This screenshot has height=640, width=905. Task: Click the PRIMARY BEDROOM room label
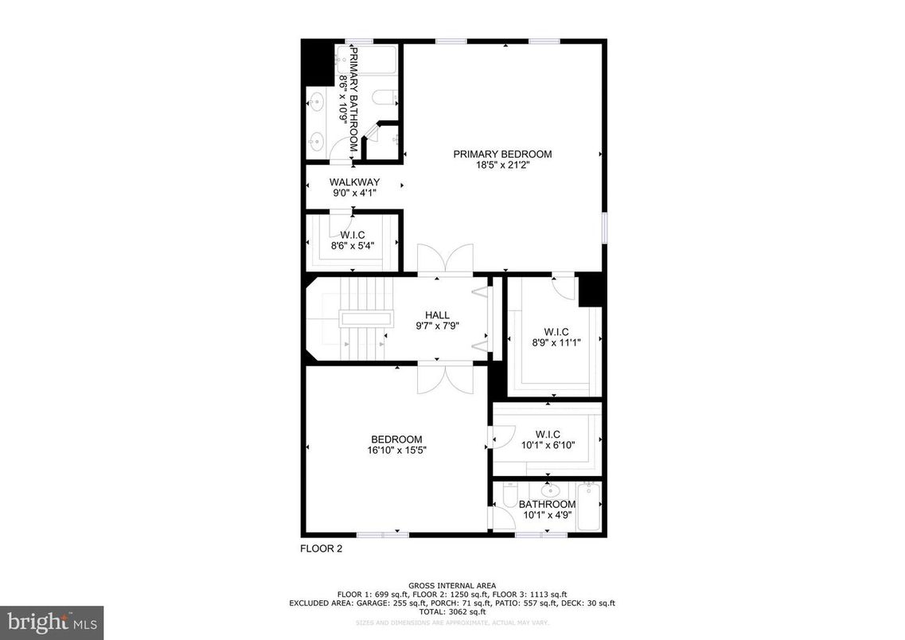click(x=502, y=154)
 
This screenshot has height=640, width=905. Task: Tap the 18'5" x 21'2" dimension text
click(x=502, y=166)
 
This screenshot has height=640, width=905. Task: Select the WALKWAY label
click(x=354, y=182)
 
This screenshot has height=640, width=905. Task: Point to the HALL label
click(x=438, y=315)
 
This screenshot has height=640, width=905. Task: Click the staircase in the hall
click(x=364, y=318)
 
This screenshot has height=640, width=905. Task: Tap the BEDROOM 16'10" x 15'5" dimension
click(x=395, y=451)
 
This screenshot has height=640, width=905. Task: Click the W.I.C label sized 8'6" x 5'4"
click(x=352, y=235)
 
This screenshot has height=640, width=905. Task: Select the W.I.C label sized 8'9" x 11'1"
click(x=556, y=332)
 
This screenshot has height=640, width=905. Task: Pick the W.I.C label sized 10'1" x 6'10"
click(x=548, y=434)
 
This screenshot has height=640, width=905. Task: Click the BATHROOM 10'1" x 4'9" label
click(x=547, y=505)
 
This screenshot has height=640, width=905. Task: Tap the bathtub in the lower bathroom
click(x=589, y=506)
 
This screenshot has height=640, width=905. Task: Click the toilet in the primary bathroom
click(x=385, y=100)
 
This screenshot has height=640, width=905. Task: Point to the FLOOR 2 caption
click(x=322, y=548)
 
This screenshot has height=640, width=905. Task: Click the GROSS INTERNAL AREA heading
click(x=452, y=585)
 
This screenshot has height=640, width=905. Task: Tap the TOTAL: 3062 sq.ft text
click(x=452, y=611)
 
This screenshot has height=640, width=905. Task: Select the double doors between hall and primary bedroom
click(x=445, y=261)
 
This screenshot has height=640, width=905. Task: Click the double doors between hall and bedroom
click(x=445, y=378)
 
